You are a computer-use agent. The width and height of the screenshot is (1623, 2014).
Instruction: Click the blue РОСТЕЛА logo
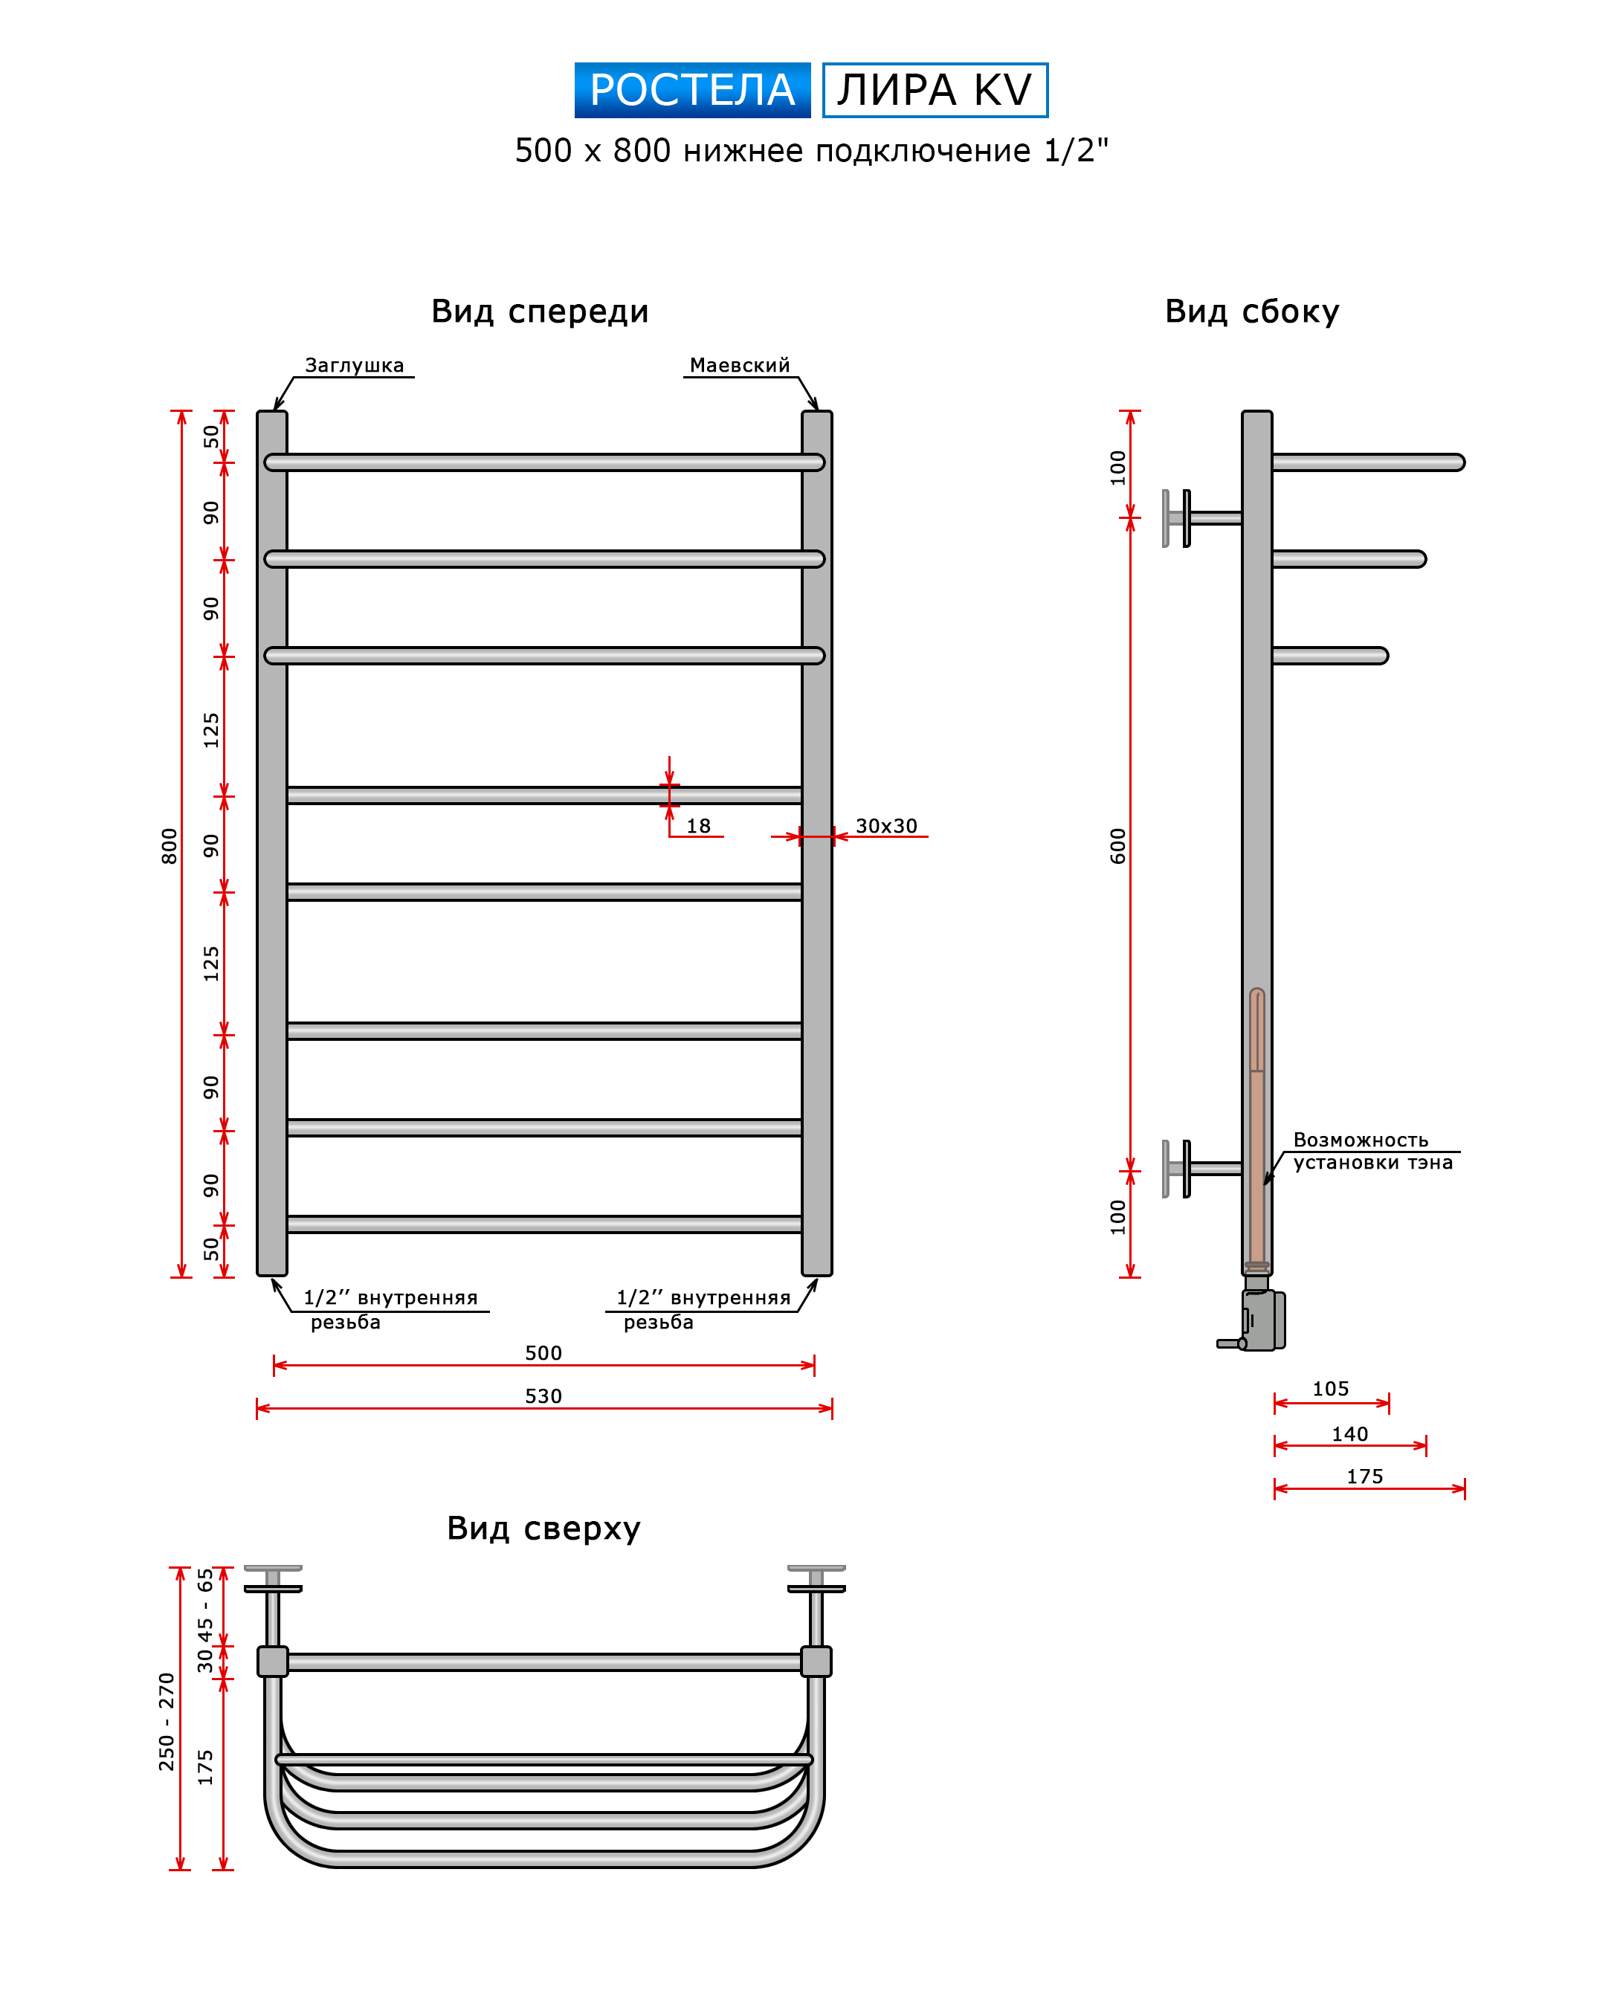point(692,90)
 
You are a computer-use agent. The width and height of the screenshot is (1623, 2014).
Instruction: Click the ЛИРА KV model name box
point(935,90)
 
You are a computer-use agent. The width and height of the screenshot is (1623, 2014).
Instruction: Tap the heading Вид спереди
point(540,312)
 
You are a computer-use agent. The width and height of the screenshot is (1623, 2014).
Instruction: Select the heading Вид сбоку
point(1252,312)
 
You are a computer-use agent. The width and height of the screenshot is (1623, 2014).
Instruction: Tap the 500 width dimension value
point(543,1353)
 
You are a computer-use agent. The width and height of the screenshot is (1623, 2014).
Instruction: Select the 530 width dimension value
point(543,1396)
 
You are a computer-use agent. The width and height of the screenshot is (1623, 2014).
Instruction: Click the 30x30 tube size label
point(886,826)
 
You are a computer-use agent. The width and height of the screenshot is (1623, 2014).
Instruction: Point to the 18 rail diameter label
point(698,826)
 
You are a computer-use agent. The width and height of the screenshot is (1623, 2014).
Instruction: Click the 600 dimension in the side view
point(1118,845)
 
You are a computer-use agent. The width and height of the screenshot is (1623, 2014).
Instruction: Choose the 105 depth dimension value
point(1330,1389)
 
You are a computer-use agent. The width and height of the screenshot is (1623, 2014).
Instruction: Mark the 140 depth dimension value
point(1350,1433)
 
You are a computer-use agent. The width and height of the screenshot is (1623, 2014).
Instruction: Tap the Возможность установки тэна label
point(1372,1151)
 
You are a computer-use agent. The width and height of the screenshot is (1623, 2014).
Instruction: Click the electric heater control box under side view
point(1262,1320)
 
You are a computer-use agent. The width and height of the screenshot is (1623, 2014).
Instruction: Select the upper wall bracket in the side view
point(1202,518)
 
